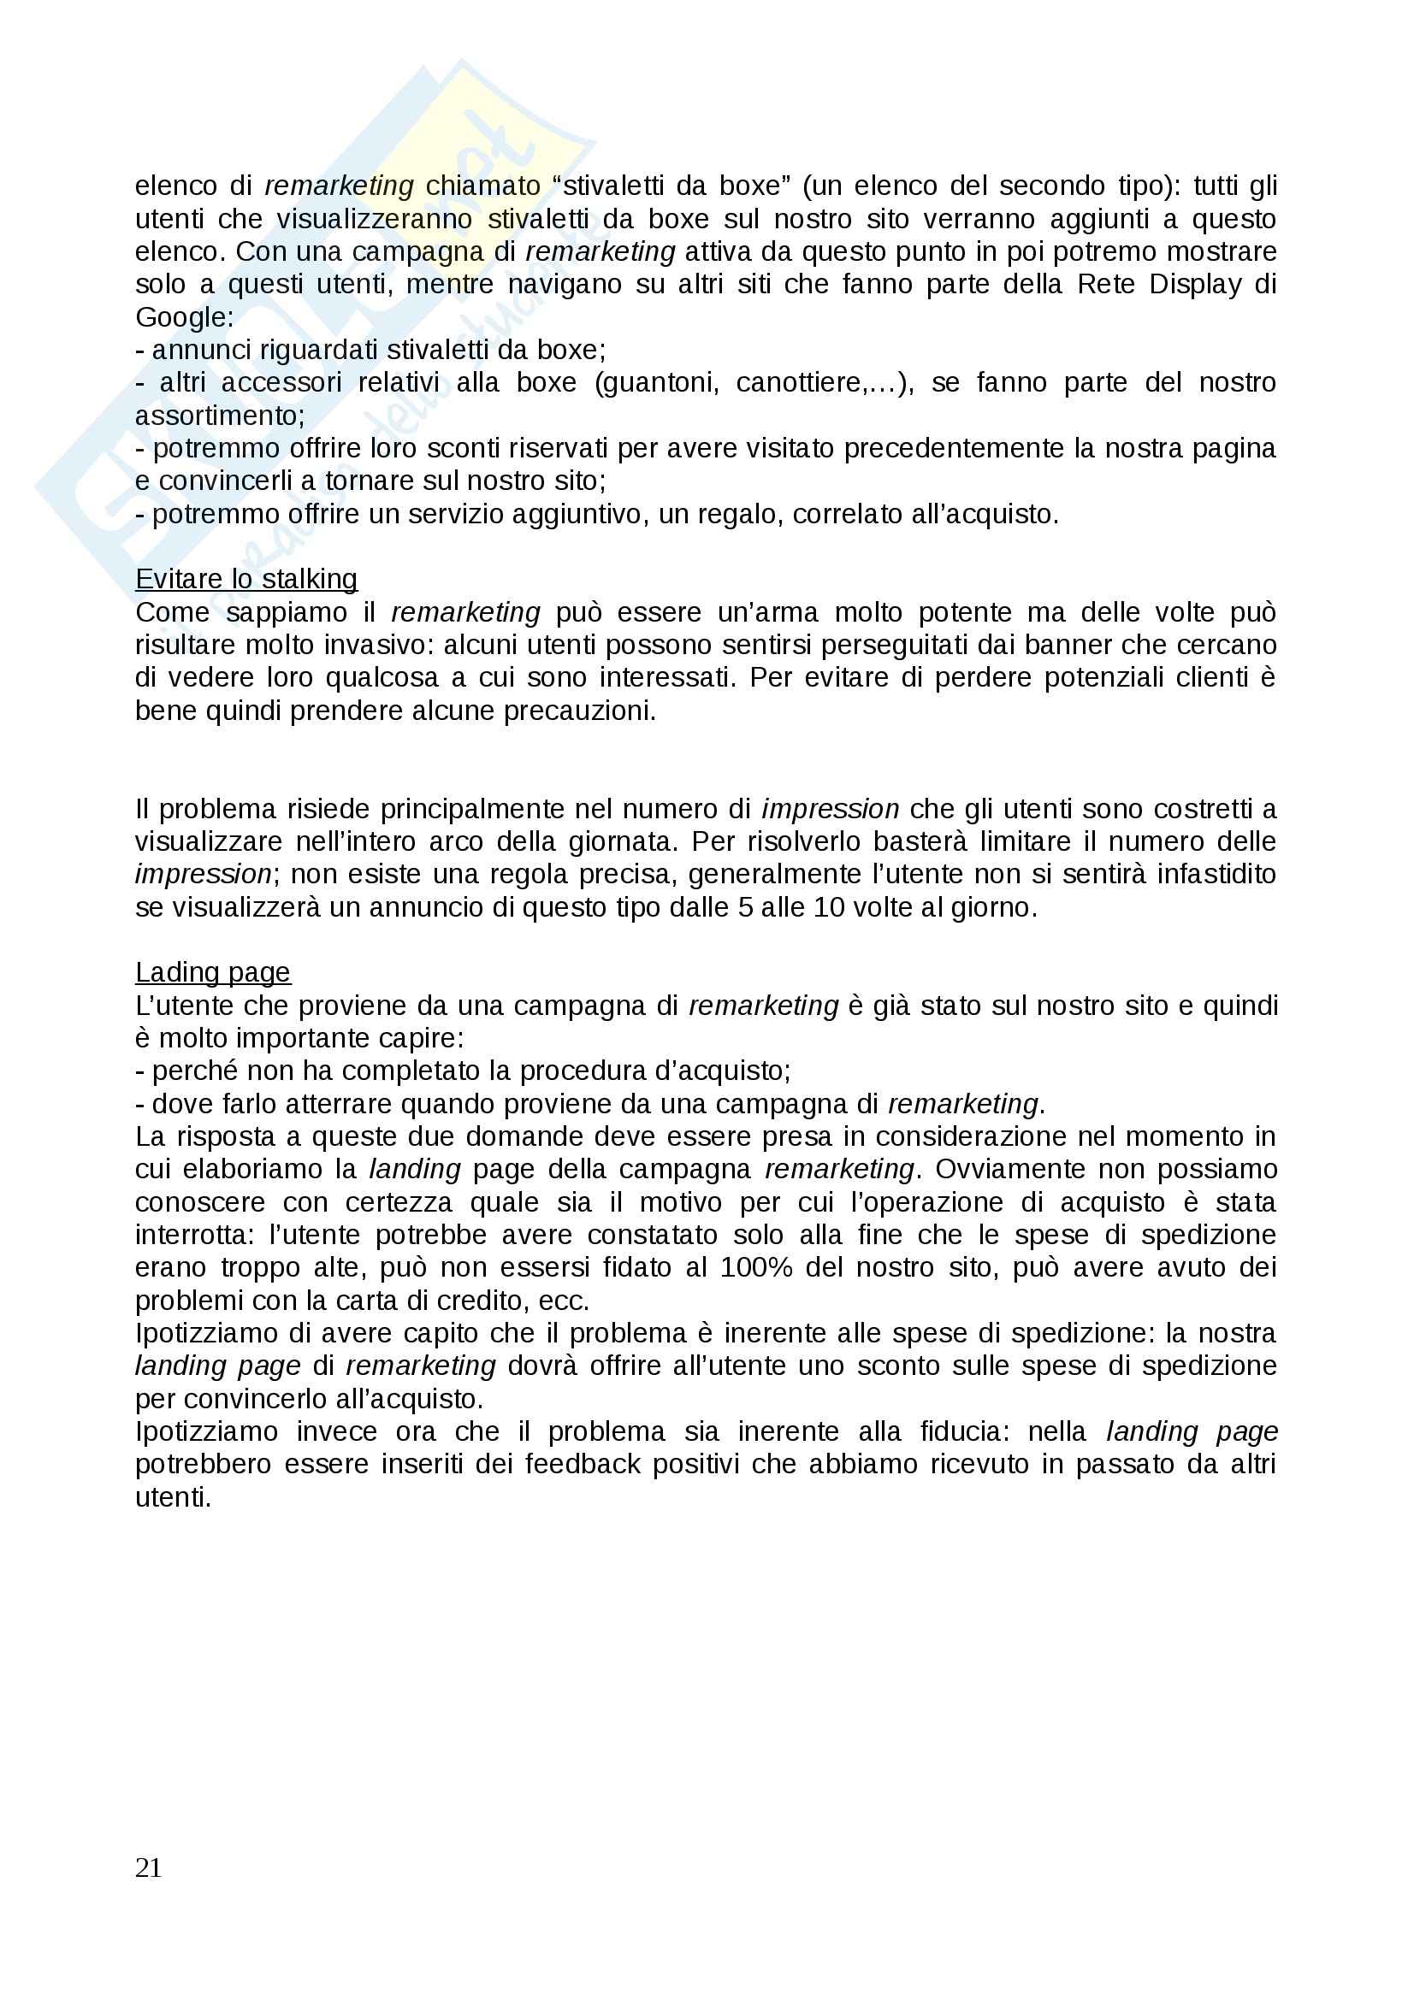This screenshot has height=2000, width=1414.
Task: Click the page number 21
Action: click(x=149, y=1867)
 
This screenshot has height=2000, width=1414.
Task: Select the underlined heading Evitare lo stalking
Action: click(x=246, y=579)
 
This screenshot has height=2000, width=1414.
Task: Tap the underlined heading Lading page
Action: click(x=213, y=972)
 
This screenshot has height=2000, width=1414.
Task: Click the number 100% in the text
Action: click(x=756, y=1267)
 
